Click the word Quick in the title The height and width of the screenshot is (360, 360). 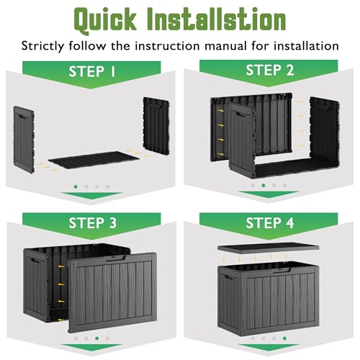click(x=105, y=20)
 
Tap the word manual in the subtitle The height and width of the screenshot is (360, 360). click(x=226, y=46)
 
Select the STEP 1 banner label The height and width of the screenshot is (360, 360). click(x=92, y=71)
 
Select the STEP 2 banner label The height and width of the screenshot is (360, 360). click(x=270, y=70)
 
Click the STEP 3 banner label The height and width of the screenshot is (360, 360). click(x=93, y=223)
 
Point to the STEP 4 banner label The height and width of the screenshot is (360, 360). click(x=270, y=223)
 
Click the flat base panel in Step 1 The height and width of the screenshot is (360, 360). click(x=94, y=160)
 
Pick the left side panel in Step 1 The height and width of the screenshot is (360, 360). click(x=24, y=140)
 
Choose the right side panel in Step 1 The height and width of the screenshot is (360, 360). click(x=156, y=126)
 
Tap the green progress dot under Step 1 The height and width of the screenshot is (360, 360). click(x=76, y=186)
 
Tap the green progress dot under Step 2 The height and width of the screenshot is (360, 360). click(x=264, y=186)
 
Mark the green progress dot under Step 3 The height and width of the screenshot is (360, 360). click(x=97, y=338)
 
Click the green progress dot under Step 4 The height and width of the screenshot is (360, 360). click(x=284, y=338)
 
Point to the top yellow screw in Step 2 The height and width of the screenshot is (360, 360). click(x=221, y=111)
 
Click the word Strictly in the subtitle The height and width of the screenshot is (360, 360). click(x=43, y=46)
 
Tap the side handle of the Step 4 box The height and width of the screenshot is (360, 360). click(x=229, y=278)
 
